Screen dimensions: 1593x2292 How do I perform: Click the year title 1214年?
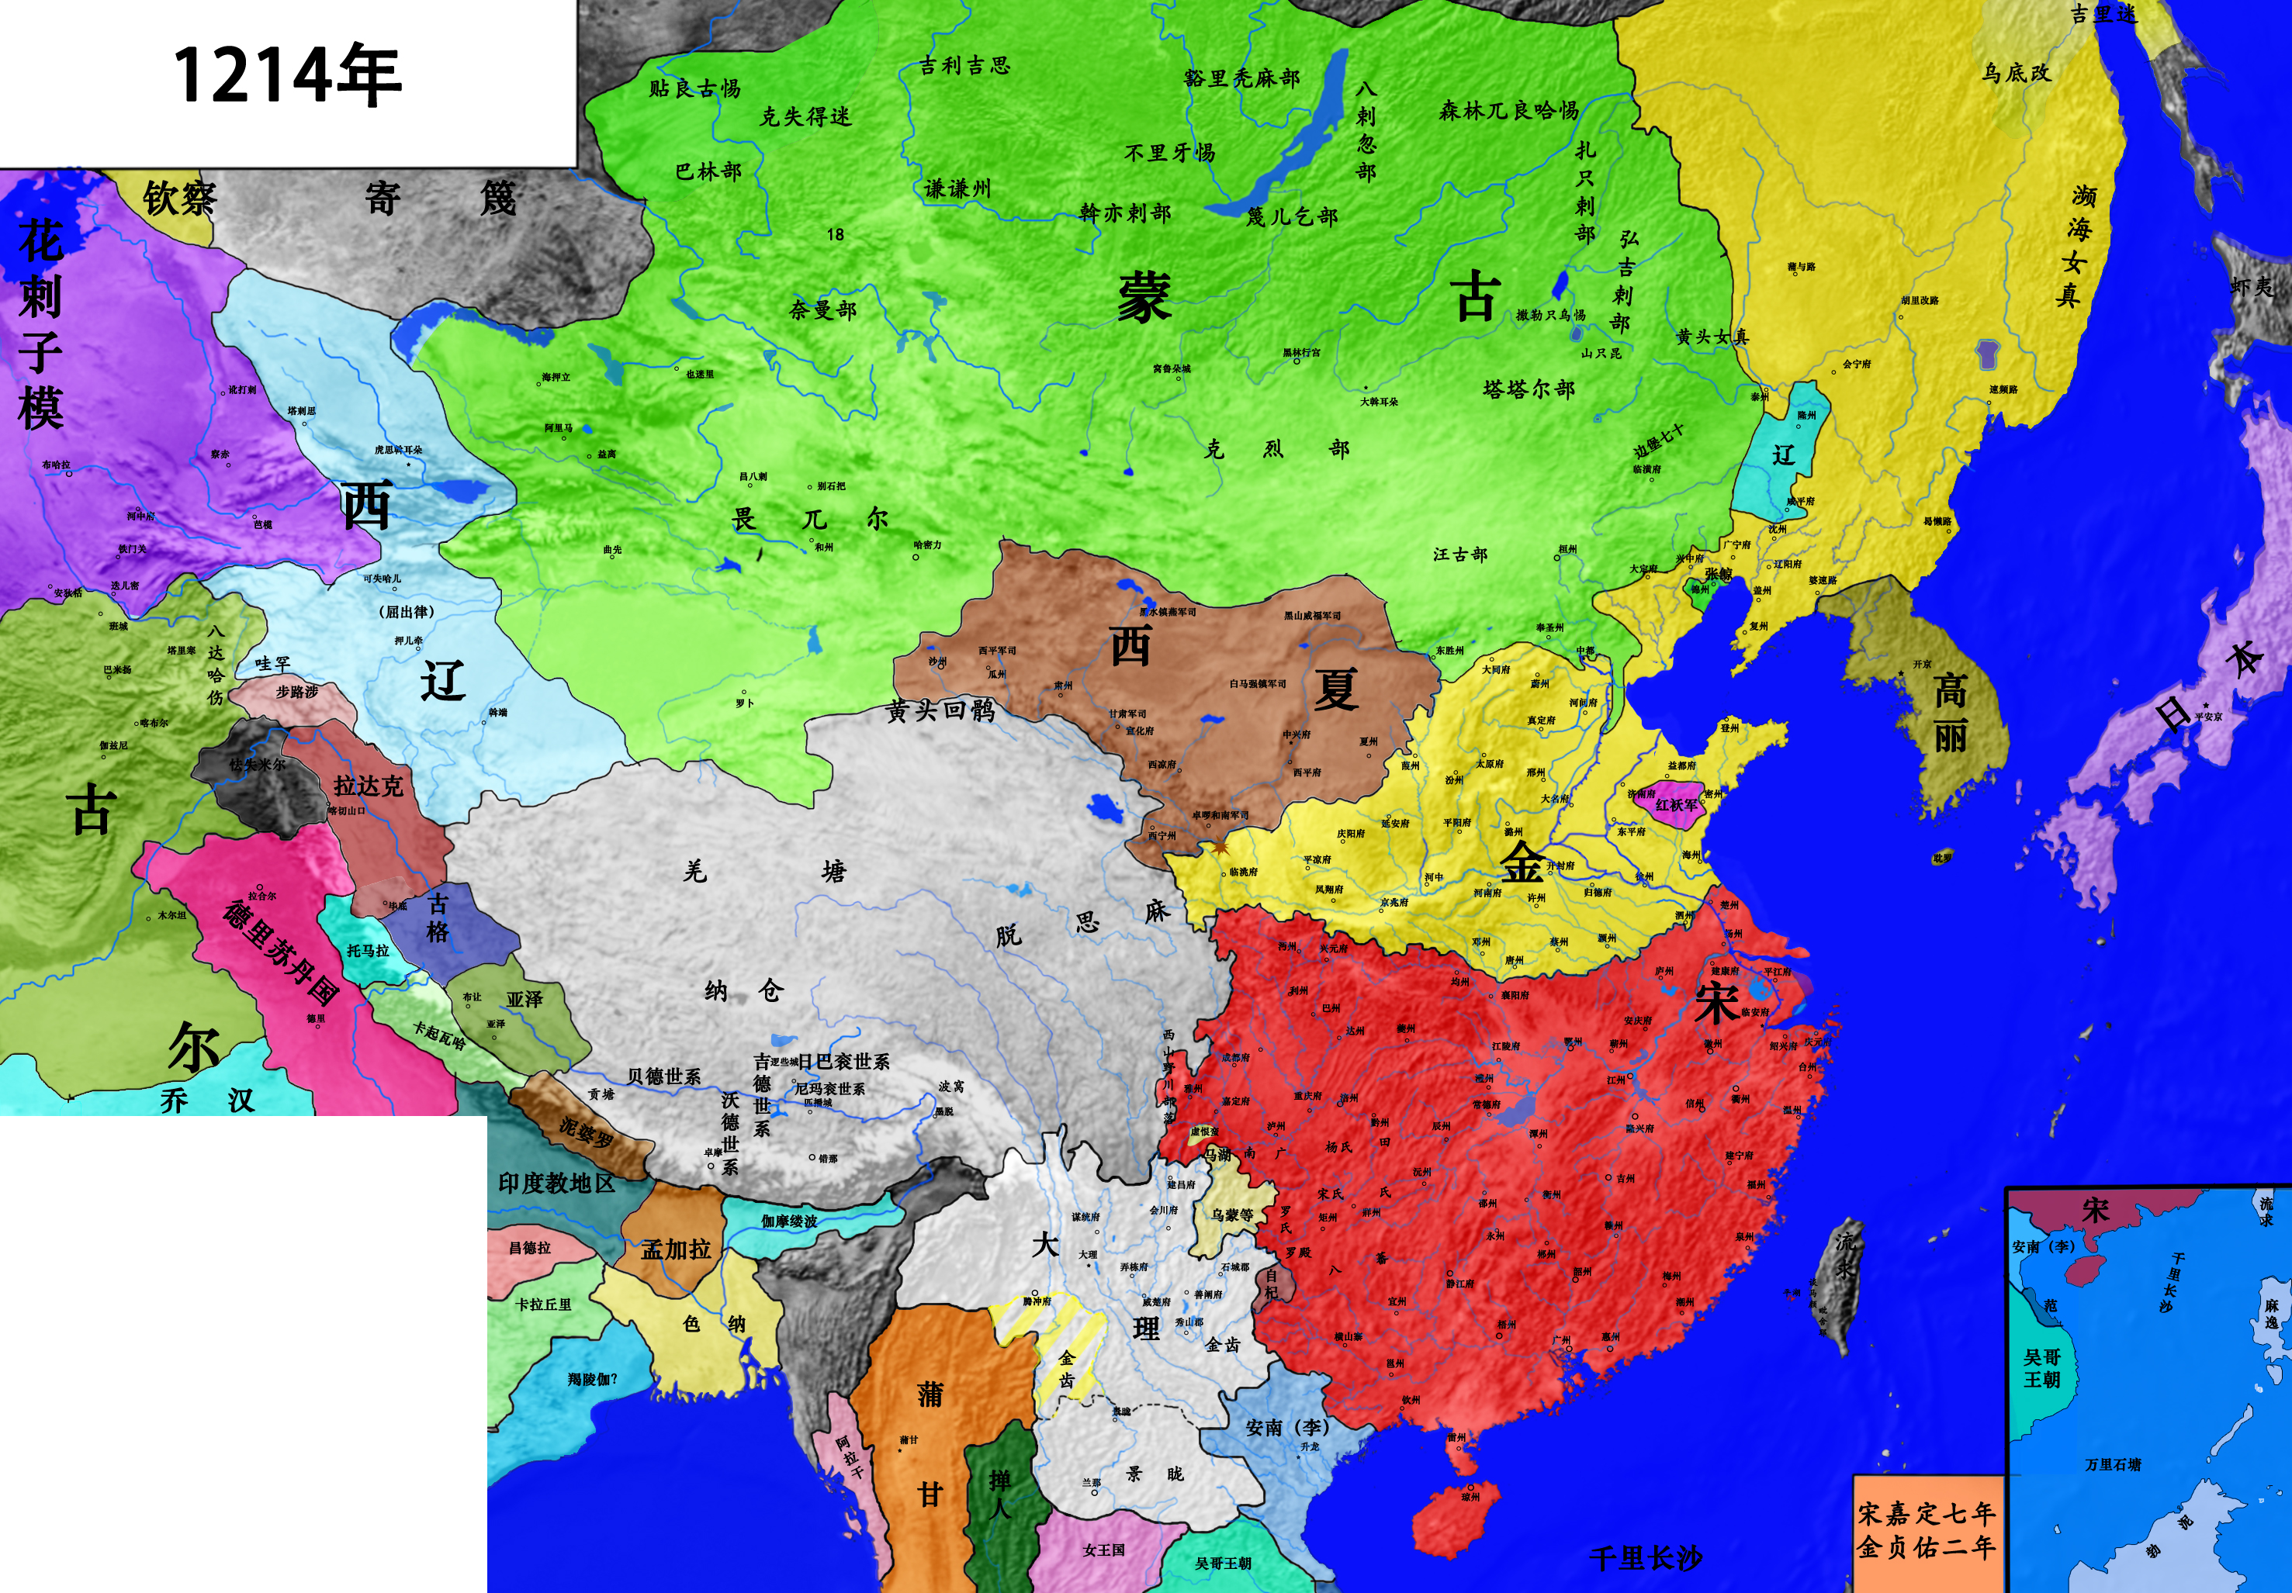coord(286,76)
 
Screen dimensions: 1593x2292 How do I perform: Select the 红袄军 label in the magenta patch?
coord(1676,803)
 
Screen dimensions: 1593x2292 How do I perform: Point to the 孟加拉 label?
coord(675,1249)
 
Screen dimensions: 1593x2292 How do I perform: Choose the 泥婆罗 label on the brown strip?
coord(585,1134)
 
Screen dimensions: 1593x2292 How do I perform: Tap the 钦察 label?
coord(180,198)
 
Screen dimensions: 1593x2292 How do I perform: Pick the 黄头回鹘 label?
coord(940,710)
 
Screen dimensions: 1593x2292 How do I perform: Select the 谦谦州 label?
coord(957,188)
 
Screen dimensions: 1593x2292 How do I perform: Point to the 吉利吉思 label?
coord(964,66)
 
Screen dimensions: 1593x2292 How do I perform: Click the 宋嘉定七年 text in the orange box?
coord(1926,1513)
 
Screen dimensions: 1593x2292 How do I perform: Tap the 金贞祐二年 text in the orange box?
coord(1926,1547)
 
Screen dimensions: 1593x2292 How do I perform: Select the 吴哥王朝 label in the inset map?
coord(2041,1367)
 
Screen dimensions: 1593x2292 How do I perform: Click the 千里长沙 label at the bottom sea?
coord(1645,1557)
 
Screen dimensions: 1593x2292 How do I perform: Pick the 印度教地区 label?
coord(556,1184)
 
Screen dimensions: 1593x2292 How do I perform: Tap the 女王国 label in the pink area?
coord(1103,1550)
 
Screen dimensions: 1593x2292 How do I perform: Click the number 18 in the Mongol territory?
coord(836,234)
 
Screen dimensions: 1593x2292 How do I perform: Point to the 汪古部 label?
coord(1459,554)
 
